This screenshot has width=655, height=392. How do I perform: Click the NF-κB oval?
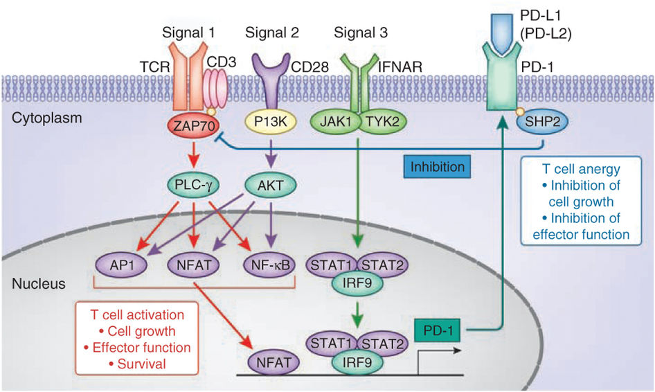click(x=266, y=263)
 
